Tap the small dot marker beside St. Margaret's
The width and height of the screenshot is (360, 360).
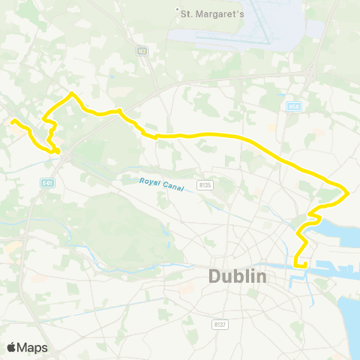(x=178, y=10)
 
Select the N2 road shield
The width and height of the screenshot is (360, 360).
(x=142, y=51)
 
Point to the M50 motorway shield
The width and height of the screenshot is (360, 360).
(x=294, y=106)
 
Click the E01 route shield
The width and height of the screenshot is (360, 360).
(x=47, y=182)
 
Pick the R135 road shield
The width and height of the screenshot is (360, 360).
(x=203, y=184)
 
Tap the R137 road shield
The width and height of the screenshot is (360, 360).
(x=220, y=324)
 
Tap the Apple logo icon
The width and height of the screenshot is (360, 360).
(x=12, y=347)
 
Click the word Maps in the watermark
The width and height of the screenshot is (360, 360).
(x=33, y=347)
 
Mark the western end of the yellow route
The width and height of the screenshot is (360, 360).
(x=13, y=121)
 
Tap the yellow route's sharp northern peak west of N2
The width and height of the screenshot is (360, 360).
(x=70, y=94)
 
